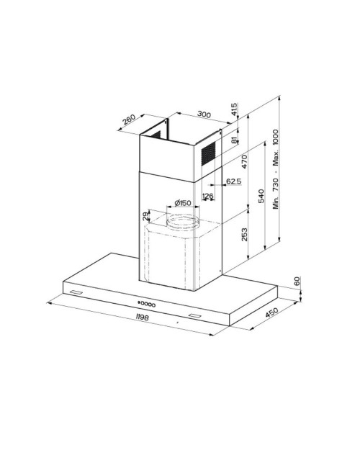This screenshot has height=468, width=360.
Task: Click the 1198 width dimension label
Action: pyautogui.click(x=142, y=317)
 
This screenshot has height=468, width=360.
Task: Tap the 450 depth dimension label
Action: pyautogui.click(x=271, y=312)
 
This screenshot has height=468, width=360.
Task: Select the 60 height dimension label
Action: pyautogui.click(x=297, y=281)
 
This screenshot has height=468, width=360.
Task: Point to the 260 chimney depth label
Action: pyautogui.click(x=130, y=120)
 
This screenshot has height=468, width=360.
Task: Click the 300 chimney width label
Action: pyautogui.click(x=204, y=114)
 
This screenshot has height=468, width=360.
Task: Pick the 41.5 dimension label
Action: pyautogui.click(x=234, y=109)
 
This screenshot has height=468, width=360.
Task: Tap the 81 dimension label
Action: pyautogui.click(x=234, y=140)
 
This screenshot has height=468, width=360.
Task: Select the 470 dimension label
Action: pyautogui.click(x=245, y=161)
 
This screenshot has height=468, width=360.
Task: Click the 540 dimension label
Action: pyautogui.click(x=261, y=196)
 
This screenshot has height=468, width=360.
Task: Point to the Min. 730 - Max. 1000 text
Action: pyautogui.click(x=275, y=169)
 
